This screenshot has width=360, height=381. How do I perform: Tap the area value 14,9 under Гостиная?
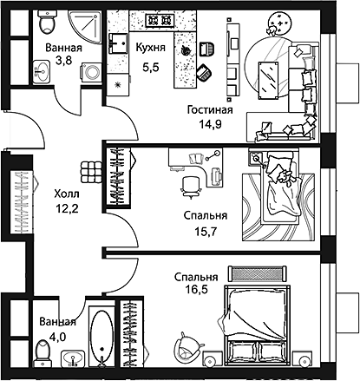[x=209, y=124]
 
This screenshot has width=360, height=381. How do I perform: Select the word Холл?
[x=66, y=195]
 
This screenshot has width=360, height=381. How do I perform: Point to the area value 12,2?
[x=66, y=210]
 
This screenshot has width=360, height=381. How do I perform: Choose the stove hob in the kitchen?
[x=161, y=20]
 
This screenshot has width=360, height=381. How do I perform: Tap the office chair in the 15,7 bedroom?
[x=190, y=184]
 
